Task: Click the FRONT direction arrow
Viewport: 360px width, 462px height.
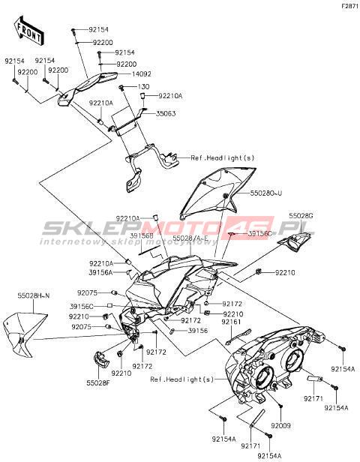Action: click(x=28, y=31)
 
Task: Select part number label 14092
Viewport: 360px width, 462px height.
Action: click(x=142, y=73)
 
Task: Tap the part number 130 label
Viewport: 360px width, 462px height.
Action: click(x=143, y=87)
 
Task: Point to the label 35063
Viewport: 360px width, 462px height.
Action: click(x=166, y=113)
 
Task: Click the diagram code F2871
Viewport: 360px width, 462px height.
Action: click(x=350, y=6)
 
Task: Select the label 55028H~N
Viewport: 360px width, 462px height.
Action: click(x=33, y=295)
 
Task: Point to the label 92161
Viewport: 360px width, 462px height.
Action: click(x=231, y=322)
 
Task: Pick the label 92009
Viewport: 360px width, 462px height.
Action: click(x=280, y=425)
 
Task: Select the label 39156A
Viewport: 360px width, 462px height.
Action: click(x=100, y=273)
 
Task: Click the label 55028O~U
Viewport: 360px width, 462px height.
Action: click(x=266, y=193)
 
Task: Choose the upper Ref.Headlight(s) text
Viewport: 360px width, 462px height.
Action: click(x=223, y=158)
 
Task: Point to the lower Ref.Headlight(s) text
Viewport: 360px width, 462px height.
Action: click(x=181, y=379)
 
